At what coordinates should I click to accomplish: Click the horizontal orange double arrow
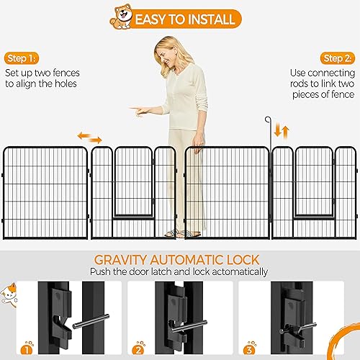(90, 137)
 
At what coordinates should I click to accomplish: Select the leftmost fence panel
(45, 192)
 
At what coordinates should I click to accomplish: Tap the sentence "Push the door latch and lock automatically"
(179, 272)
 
